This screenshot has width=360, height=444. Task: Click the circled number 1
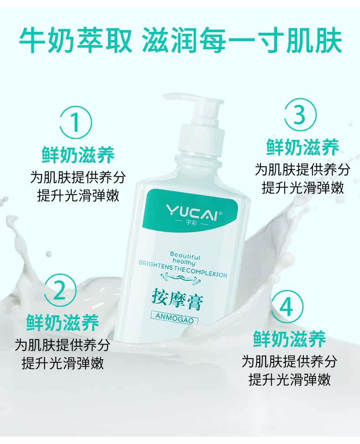pos(75,122)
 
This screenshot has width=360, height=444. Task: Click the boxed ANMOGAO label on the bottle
pos(175,318)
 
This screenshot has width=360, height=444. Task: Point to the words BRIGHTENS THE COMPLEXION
pos(183,269)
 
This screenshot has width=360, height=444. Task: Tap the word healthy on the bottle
pos(184,262)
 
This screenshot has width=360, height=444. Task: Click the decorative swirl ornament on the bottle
pos(180,278)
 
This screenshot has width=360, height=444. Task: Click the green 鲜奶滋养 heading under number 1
pos(78,155)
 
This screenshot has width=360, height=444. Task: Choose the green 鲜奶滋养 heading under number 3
pos(303,147)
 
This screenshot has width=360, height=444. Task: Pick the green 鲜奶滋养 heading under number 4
pos(289,339)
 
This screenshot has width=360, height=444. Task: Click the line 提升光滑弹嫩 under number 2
pos(63,363)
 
